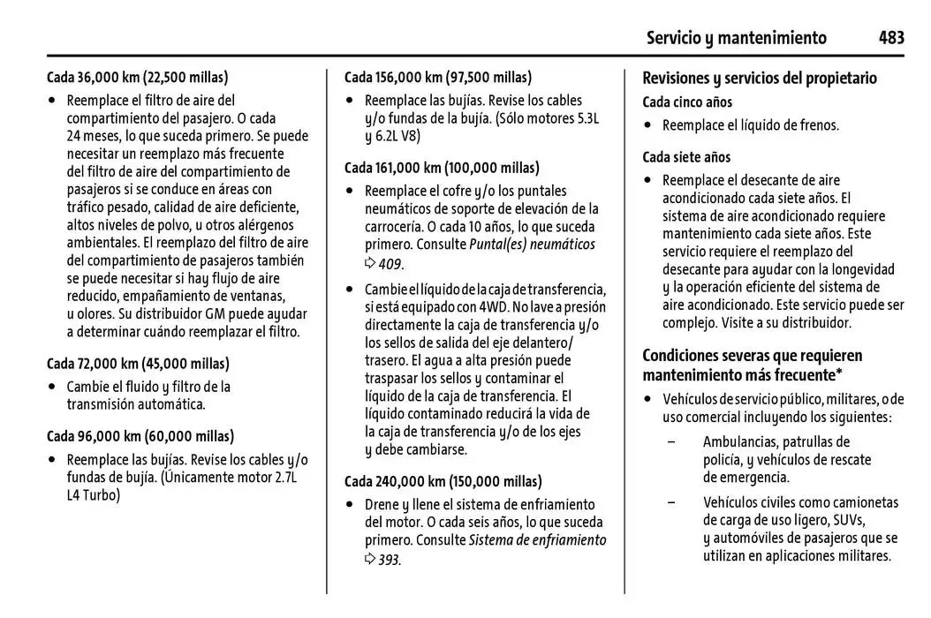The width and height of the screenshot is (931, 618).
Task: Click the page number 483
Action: coord(890,37)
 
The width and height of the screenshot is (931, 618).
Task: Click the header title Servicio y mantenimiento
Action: coord(736,38)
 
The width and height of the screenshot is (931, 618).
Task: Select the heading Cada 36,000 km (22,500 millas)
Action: coord(137,77)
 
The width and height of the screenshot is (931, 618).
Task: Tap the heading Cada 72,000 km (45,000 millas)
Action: coord(137,364)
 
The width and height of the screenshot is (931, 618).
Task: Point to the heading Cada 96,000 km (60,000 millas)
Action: coord(140,436)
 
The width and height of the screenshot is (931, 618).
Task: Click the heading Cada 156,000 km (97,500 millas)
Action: coord(438,77)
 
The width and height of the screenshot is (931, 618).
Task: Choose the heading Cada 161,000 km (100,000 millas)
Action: coord(442,168)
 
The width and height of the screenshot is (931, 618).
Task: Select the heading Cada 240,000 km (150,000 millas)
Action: coord(443,482)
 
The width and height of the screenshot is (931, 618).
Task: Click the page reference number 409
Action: coord(390,263)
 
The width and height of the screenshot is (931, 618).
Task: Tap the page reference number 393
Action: coord(389,560)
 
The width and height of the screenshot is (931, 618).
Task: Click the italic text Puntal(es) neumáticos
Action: coord(532,245)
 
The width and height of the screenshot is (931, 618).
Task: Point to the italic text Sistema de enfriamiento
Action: coord(537,539)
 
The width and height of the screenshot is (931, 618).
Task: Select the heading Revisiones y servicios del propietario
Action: coord(759,78)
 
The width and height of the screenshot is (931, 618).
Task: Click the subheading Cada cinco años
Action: coord(687,102)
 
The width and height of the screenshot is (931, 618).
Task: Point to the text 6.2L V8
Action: coord(397,136)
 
